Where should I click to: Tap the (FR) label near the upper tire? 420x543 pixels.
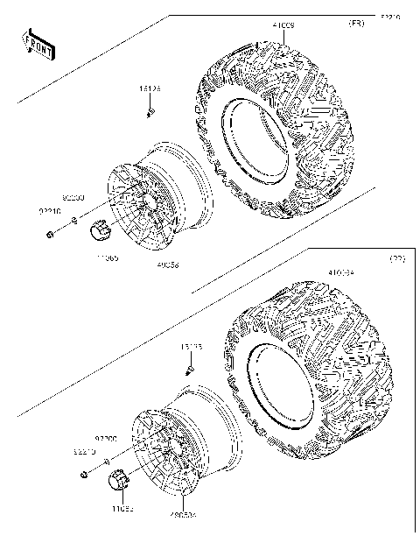click(x=357, y=23)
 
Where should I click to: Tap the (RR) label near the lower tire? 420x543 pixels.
click(x=396, y=259)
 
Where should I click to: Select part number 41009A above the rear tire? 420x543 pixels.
click(x=341, y=274)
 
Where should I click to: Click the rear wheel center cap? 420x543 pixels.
click(x=118, y=480)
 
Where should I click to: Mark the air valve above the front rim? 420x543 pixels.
click(x=151, y=112)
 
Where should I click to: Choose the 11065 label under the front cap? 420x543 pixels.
click(x=108, y=257)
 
